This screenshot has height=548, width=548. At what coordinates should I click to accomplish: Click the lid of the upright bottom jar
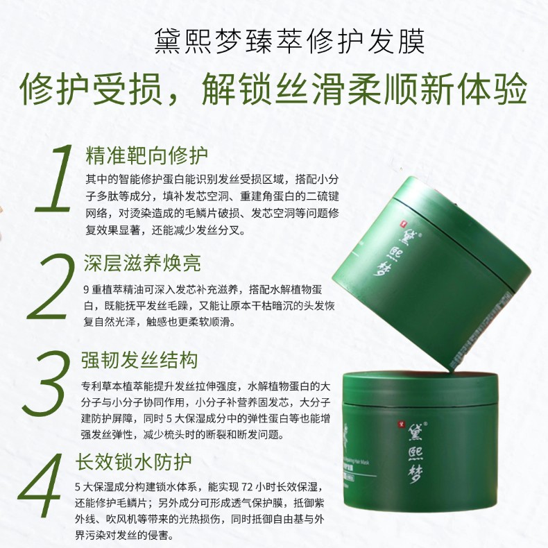444,389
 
